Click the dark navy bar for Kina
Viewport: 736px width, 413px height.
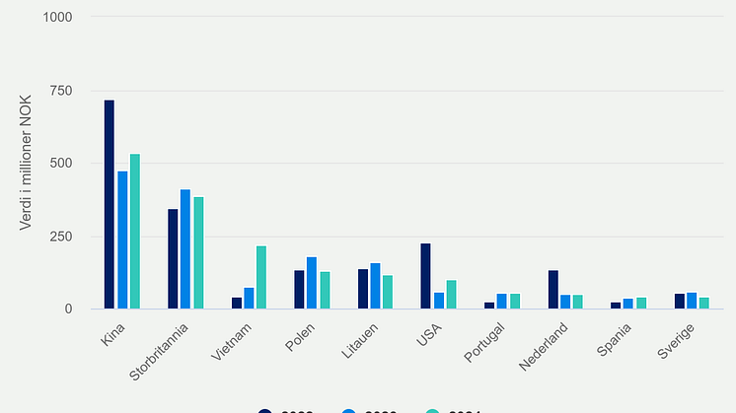110,204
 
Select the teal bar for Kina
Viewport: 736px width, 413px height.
135,232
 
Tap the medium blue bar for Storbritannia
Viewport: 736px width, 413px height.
185,249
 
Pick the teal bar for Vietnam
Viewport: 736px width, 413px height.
261,277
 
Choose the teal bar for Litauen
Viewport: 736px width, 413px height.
388,292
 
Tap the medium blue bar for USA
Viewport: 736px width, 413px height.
438,301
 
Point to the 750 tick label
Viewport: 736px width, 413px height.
63,91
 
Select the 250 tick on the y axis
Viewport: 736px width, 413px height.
63,237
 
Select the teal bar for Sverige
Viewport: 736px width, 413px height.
703,303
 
